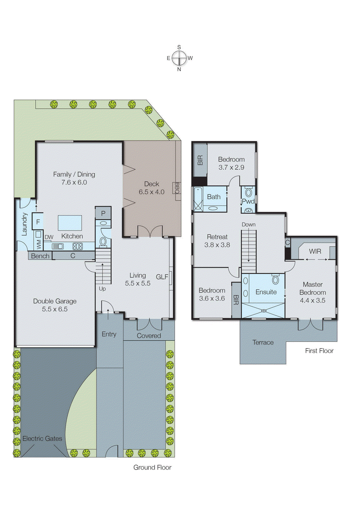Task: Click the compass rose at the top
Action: (x=180, y=58)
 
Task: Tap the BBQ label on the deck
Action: (x=177, y=188)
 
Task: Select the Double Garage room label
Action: (x=55, y=305)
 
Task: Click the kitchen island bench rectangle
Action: (x=70, y=223)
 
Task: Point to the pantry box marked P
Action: (x=103, y=213)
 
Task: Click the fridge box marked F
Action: (x=38, y=222)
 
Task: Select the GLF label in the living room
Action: (x=162, y=277)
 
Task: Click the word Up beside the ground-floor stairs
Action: (x=102, y=289)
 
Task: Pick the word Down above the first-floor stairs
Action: (x=248, y=224)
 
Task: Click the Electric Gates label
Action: (x=42, y=438)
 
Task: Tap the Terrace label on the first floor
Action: (x=263, y=342)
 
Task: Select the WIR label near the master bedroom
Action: (x=315, y=251)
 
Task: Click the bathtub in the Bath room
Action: (x=198, y=199)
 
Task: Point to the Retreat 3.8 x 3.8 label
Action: (x=217, y=241)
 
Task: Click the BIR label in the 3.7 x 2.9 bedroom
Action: (x=200, y=160)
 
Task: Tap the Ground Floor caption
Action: (x=152, y=467)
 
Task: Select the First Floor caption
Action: (x=319, y=351)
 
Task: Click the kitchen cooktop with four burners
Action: (x=78, y=246)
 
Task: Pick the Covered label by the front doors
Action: (x=149, y=336)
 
